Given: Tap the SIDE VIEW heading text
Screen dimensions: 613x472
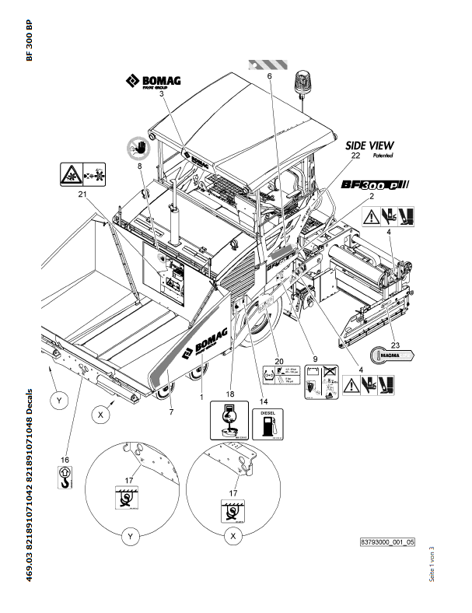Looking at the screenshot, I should (369, 145).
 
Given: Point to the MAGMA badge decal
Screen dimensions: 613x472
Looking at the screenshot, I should (393, 353).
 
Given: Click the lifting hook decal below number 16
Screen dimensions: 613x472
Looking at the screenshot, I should (66, 477).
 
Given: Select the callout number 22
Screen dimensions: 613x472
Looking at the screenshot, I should (356, 156).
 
